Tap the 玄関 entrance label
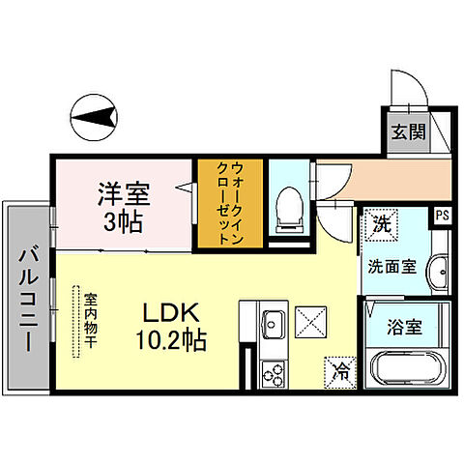pyautogui.click(x=407, y=132)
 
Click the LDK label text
pyautogui.click(x=171, y=314)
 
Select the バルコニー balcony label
pyautogui.click(x=27, y=301)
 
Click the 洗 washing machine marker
pyautogui.click(x=380, y=223)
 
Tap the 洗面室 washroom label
pyautogui.click(x=391, y=266)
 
